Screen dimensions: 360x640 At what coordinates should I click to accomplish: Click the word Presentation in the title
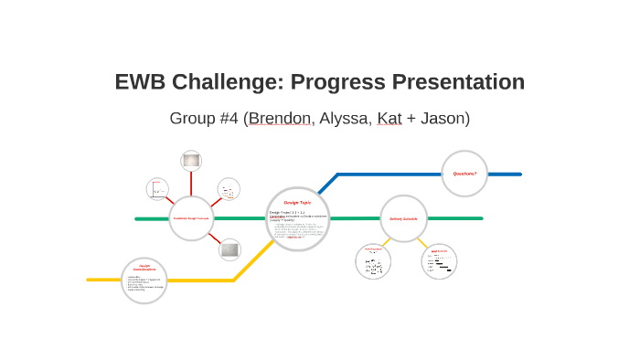(x=458, y=82)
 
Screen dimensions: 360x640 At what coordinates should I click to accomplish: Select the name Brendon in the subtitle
(x=281, y=118)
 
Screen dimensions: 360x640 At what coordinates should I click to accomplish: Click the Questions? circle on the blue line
(x=464, y=173)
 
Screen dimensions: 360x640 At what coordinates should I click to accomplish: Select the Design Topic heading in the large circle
(x=297, y=202)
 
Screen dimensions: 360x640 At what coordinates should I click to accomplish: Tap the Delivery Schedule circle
(x=403, y=218)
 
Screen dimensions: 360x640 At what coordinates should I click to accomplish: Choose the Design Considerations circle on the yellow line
(x=144, y=280)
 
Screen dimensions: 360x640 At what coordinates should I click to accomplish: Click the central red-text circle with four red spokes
(x=191, y=218)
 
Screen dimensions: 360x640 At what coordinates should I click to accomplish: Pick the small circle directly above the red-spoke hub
(x=191, y=161)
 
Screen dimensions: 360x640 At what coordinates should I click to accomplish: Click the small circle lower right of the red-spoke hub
(x=229, y=249)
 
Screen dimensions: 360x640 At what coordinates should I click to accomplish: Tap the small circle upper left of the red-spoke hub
(x=157, y=189)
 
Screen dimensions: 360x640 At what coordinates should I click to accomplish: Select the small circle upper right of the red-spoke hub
(x=229, y=188)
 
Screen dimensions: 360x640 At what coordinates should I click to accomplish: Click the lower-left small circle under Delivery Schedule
(x=373, y=261)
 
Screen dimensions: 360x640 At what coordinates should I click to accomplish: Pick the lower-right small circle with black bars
(x=440, y=261)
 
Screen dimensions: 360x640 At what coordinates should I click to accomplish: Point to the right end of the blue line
(x=519, y=174)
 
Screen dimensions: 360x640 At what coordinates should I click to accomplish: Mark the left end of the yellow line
(x=90, y=280)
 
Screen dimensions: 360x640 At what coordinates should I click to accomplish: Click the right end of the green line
(x=480, y=218)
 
